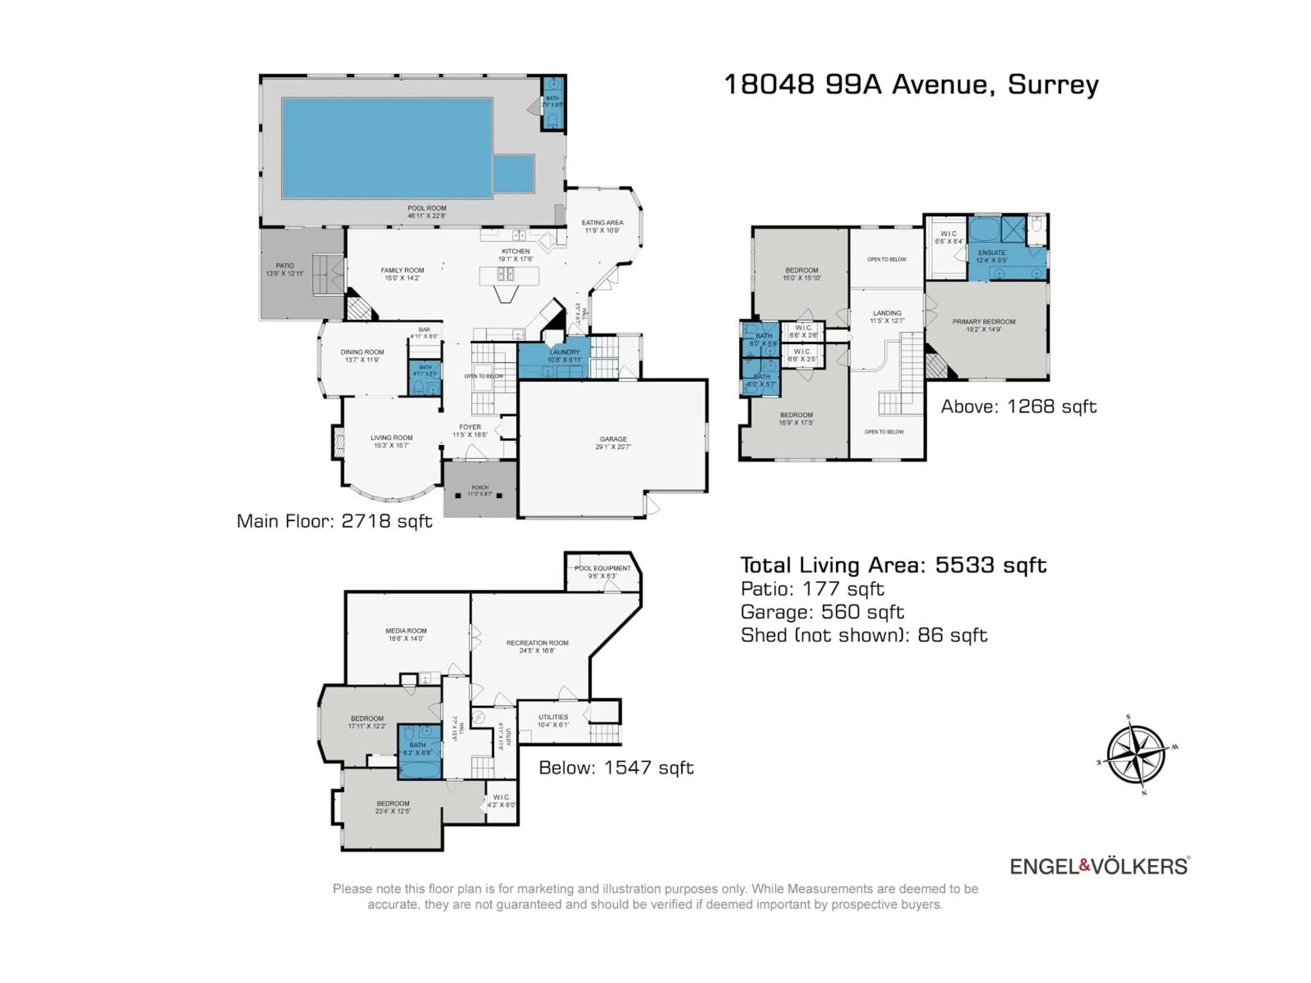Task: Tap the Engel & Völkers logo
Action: tap(1099, 866)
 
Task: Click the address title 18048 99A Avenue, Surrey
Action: tap(911, 84)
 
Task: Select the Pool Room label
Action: tap(427, 212)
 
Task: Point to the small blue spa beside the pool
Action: tap(513, 174)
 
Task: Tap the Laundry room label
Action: tap(564, 356)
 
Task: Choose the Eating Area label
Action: tap(602, 226)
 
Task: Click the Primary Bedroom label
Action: tap(984, 325)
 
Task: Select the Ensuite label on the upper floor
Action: tap(991, 255)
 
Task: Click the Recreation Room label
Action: tap(537, 646)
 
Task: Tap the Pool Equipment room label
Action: tap(602, 571)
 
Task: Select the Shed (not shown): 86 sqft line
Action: tap(863, 635)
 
